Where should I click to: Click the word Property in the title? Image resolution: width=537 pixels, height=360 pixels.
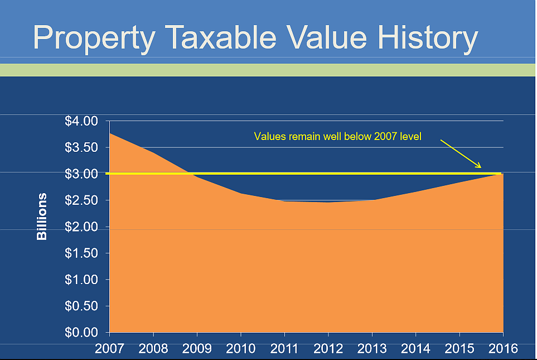pyautogui.click(x=94, y=38)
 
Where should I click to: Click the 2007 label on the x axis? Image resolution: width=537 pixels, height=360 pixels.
pyautogui.click(x=110, y=349)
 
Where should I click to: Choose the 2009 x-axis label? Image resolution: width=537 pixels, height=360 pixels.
pyautogui.click(x=197, y=349)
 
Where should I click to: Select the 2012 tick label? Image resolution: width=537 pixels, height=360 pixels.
pyautogui.click(x=328, y=349)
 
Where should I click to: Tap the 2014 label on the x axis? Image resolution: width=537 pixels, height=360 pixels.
pyautogui.click(x=415, y=349)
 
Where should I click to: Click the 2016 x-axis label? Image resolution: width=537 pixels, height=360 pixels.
pyautogui.click(x=503, y=349)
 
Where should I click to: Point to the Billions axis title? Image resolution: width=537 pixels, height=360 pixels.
pyautogui.click(x=42, y=217)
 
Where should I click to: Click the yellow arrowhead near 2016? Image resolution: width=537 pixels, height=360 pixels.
pyautogui.click(x=478, y=165)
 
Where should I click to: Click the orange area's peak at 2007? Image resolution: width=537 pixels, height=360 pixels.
pyautogui.click(x=110, y=133)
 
